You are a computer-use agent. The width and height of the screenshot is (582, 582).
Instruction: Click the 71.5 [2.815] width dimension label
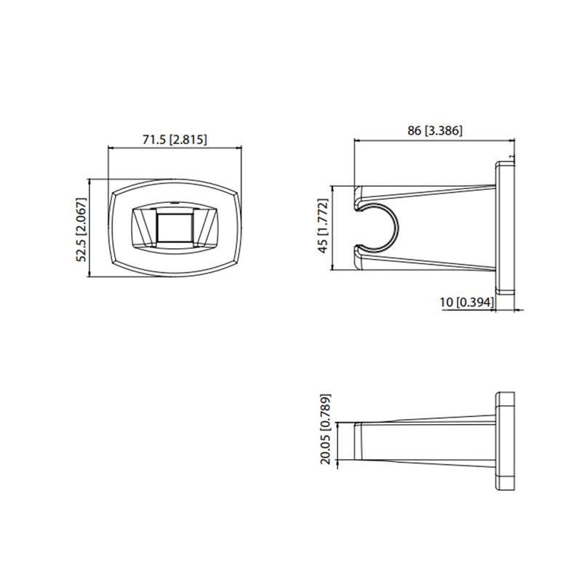click(174, 140)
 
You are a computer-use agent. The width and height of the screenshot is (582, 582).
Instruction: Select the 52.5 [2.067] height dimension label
click(81, 228)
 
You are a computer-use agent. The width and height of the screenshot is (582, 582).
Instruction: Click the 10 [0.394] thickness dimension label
click(466, 302)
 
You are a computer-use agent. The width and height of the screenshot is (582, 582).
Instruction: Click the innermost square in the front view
click(175, 227)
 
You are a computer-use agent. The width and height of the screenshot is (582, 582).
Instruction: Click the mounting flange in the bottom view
click(505, 441)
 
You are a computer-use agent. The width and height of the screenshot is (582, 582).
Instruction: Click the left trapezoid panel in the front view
click(143, 227)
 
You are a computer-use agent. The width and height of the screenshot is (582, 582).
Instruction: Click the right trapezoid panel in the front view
click(206, 227)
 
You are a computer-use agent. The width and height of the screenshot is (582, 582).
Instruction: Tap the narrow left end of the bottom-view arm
click(358, 441)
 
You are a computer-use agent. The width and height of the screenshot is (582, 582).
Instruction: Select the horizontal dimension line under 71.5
click(175, 148)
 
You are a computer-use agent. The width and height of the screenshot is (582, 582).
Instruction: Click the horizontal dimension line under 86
click(434, 139)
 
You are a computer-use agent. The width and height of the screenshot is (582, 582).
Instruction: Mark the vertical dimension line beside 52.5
click(89, 228)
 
